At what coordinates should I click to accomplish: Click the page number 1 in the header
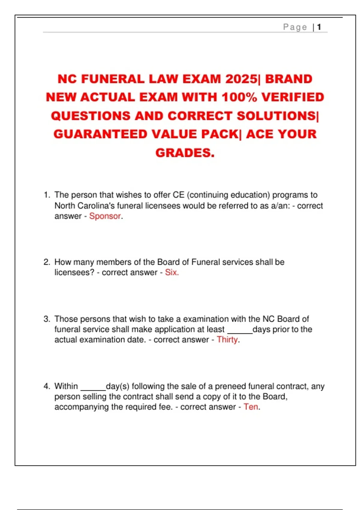pos(319,27)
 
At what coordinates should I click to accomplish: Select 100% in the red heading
pos(239,97)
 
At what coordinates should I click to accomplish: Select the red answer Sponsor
pos(105,216)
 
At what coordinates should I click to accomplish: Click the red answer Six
pos(171,272)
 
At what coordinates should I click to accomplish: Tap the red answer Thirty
pos(227,340)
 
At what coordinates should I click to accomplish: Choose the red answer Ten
pos(251,407)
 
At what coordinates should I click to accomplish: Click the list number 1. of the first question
pos(47,195)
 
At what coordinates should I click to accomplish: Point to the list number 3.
pos(47,319)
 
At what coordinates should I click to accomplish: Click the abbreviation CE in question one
pos(178,195)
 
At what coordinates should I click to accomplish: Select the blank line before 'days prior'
pos(240,332)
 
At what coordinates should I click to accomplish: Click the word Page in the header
pos(295,27)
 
